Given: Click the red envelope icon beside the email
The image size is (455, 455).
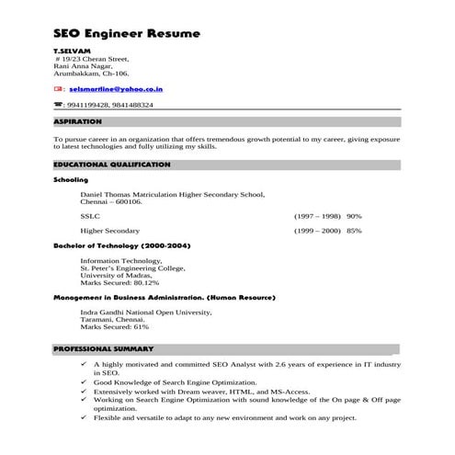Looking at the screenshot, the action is point(58,91).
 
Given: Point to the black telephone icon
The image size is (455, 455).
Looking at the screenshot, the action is point(58,106).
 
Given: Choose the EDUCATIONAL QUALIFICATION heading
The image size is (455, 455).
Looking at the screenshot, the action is point(111,164).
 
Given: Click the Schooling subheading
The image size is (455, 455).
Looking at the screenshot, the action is point(70,180).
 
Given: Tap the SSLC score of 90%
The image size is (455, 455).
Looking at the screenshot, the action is point(354,215).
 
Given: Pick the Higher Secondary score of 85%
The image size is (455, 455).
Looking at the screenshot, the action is point(354,231).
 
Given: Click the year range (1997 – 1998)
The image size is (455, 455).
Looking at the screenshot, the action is point(317,215).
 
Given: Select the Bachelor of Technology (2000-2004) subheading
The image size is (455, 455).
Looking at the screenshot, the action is point(121,246).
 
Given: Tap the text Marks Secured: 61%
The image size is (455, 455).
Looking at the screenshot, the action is point(114,326).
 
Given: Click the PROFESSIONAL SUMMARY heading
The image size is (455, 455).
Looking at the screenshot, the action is point(103,349).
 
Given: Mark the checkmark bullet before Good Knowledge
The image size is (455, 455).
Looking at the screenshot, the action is point(84,381).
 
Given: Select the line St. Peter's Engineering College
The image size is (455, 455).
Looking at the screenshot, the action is point(132,267).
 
